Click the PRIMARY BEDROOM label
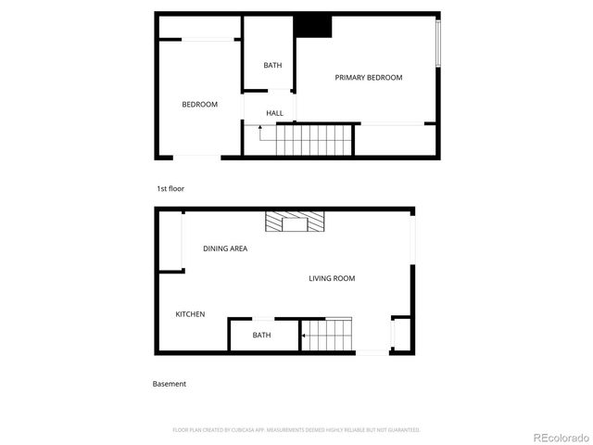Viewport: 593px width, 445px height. pyautogui.click(x=369, y=78)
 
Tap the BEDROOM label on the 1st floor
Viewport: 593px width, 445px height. pyautogui.click(x=199, y=105)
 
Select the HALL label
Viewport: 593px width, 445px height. pyautogui.click(x=274, y=113)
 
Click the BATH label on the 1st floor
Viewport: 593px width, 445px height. pyautogui.click(x=272, y=65)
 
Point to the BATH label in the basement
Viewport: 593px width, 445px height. pyautogui.click(x=261, y=335)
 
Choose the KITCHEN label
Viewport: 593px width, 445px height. pyautogui.click(x=190, y=314)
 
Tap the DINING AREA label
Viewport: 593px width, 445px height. pyautogui.click(x=225, y=248)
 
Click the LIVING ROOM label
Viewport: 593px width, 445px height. pyautogui.click(x=332, y=278)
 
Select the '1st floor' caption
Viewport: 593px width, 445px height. pyautogui.click(x=170, y=188)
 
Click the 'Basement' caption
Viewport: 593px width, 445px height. pyautogui.click(x=170, y=384)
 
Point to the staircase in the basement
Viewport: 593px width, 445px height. pyautogui.click(x=326, y=335)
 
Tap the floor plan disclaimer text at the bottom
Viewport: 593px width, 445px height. pyautogui.click(x=296, y=430)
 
